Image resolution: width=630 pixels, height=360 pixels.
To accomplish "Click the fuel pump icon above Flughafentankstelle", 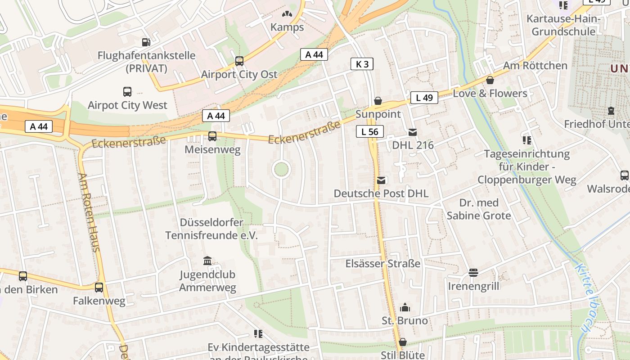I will tap(146, 42).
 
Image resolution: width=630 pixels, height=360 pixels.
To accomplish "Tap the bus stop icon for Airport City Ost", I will tap(239, 61).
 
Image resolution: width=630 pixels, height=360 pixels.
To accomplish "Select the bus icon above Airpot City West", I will tap(127, 92).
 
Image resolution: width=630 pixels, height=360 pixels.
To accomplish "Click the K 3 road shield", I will tap(362, 64).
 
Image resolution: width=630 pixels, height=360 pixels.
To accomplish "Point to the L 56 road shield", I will tap(370, 131).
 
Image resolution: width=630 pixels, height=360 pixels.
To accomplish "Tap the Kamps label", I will tap(287, 27).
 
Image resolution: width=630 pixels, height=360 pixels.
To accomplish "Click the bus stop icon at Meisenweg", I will tap(212, 136).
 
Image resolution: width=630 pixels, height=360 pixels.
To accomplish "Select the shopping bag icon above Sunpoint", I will tap(378, 101).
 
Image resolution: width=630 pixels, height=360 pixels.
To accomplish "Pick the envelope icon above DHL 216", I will tap(413, 132).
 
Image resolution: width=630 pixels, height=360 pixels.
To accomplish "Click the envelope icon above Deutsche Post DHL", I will tap(381, 180).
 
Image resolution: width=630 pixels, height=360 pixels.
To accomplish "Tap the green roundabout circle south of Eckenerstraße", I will tap(281, 170).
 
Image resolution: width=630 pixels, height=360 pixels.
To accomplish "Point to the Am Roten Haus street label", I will tap(89, 211).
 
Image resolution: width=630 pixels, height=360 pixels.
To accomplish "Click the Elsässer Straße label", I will tap(383, 264).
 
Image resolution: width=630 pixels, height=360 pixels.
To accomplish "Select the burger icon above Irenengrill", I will tap(473, 273).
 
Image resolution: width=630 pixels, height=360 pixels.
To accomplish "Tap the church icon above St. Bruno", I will tap(405, 308).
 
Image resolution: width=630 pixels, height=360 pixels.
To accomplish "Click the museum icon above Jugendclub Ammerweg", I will tap(207, 261).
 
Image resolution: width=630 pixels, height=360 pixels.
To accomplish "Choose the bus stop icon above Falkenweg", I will tap(99, 287).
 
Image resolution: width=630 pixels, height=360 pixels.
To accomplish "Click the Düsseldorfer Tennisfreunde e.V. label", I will tap(211, 229).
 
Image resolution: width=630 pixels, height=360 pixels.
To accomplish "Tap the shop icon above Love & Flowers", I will tap(490, 80).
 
